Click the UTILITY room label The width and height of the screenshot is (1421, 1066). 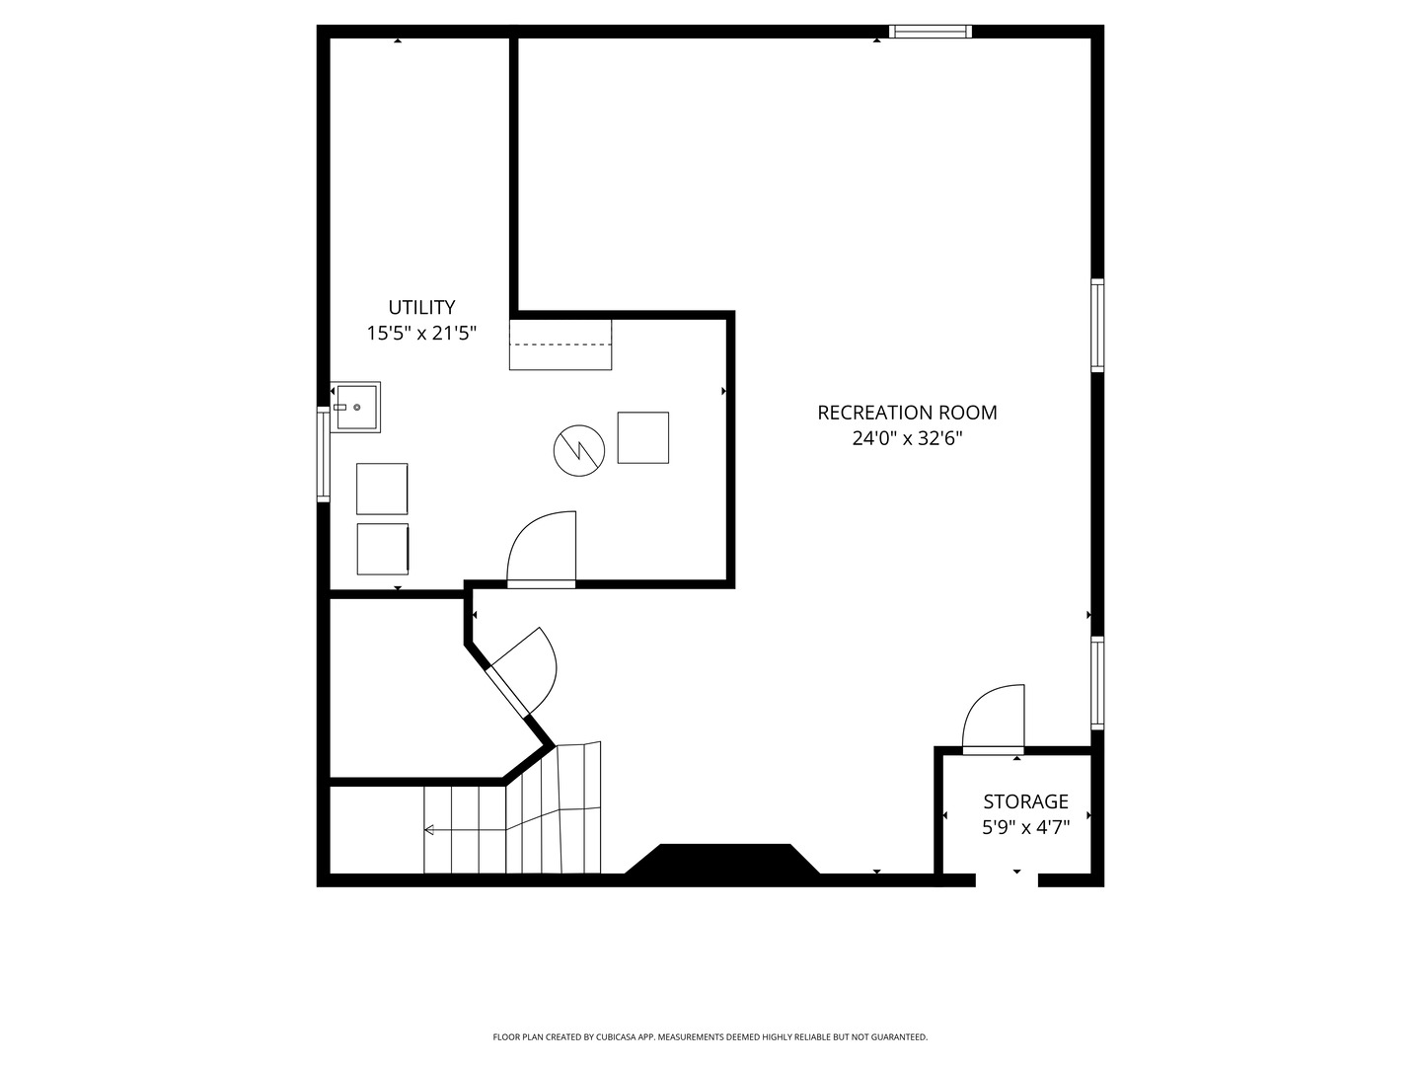(421, 307)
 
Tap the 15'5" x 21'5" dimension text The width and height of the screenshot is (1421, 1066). (421, 334)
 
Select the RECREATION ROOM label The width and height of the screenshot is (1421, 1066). (907, 413)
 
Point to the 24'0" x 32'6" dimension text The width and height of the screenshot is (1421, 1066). (907, 438)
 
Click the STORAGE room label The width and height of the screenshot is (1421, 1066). (1025, 801)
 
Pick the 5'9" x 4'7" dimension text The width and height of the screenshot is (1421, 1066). (1025, 827)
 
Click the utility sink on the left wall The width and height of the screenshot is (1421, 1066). (355, 407)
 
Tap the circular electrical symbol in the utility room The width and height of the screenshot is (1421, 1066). (578, 450)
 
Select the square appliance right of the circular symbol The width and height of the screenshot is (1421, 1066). (642, 437)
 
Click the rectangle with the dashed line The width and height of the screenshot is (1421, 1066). (561, 344)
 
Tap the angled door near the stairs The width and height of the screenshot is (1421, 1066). (523, 671)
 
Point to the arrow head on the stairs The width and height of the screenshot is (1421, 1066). (428, 830)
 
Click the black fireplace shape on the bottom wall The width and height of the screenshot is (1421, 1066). (723, 860)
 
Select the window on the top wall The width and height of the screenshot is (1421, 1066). (930, 32)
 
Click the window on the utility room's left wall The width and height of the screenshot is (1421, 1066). (323, 455)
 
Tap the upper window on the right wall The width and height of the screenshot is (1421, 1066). (1096, 325)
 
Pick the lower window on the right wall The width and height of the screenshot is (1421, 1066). (1096, 683)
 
